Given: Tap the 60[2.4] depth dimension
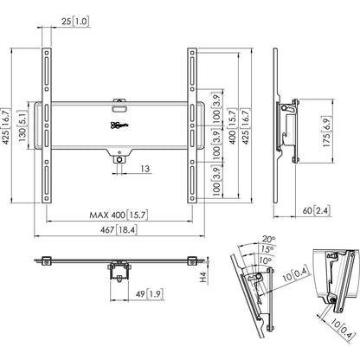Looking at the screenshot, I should tap(319, 209).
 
